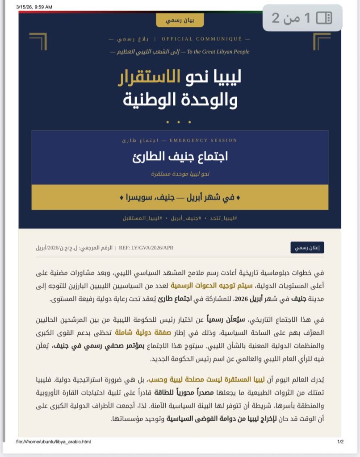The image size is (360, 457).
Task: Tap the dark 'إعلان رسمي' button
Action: click(307, 248)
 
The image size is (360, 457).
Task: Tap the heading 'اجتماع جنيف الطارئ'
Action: click(180, 157)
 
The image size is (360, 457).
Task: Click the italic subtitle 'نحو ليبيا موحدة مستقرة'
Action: click(180, 173)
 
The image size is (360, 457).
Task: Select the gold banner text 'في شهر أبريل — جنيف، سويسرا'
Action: click(180, 197)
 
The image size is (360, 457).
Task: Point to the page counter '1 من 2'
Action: click(291, 18)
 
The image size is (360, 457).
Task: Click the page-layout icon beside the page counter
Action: click(324, 18)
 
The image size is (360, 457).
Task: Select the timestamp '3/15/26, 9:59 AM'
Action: click(34, 7)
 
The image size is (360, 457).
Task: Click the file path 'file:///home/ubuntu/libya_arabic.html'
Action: click(54, 442)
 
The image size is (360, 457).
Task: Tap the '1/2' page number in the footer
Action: click(340, 442)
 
